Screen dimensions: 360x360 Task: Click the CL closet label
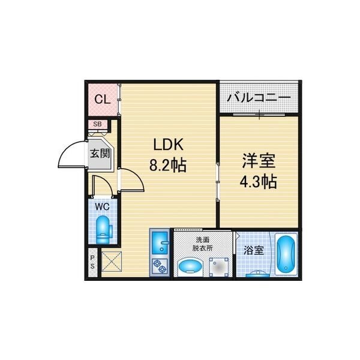tap(103, 100)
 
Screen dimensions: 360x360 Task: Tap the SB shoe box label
tap(97, 124)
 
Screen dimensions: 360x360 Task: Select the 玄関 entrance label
tap(100, 154)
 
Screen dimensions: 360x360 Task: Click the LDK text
tap(168, 145)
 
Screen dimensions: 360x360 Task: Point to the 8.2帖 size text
tap(167, 165)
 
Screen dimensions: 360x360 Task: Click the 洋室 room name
tap(259, 161)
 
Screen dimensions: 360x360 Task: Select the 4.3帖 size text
tap(258, 181)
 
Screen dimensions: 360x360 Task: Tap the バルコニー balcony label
tap(259, 98)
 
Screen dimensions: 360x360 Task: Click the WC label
tap(102, 207)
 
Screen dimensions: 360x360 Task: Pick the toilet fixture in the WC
tap(104, 230)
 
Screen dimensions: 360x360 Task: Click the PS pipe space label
tap(92, 262)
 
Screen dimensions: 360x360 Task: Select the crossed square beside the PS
tap(112, 262)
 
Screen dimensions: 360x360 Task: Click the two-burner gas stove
tap(160, 266)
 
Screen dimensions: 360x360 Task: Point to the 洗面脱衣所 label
tap(203, 244)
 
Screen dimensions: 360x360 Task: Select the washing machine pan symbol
tap(219, 267)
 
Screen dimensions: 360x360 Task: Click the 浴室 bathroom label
tap(253, 250)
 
